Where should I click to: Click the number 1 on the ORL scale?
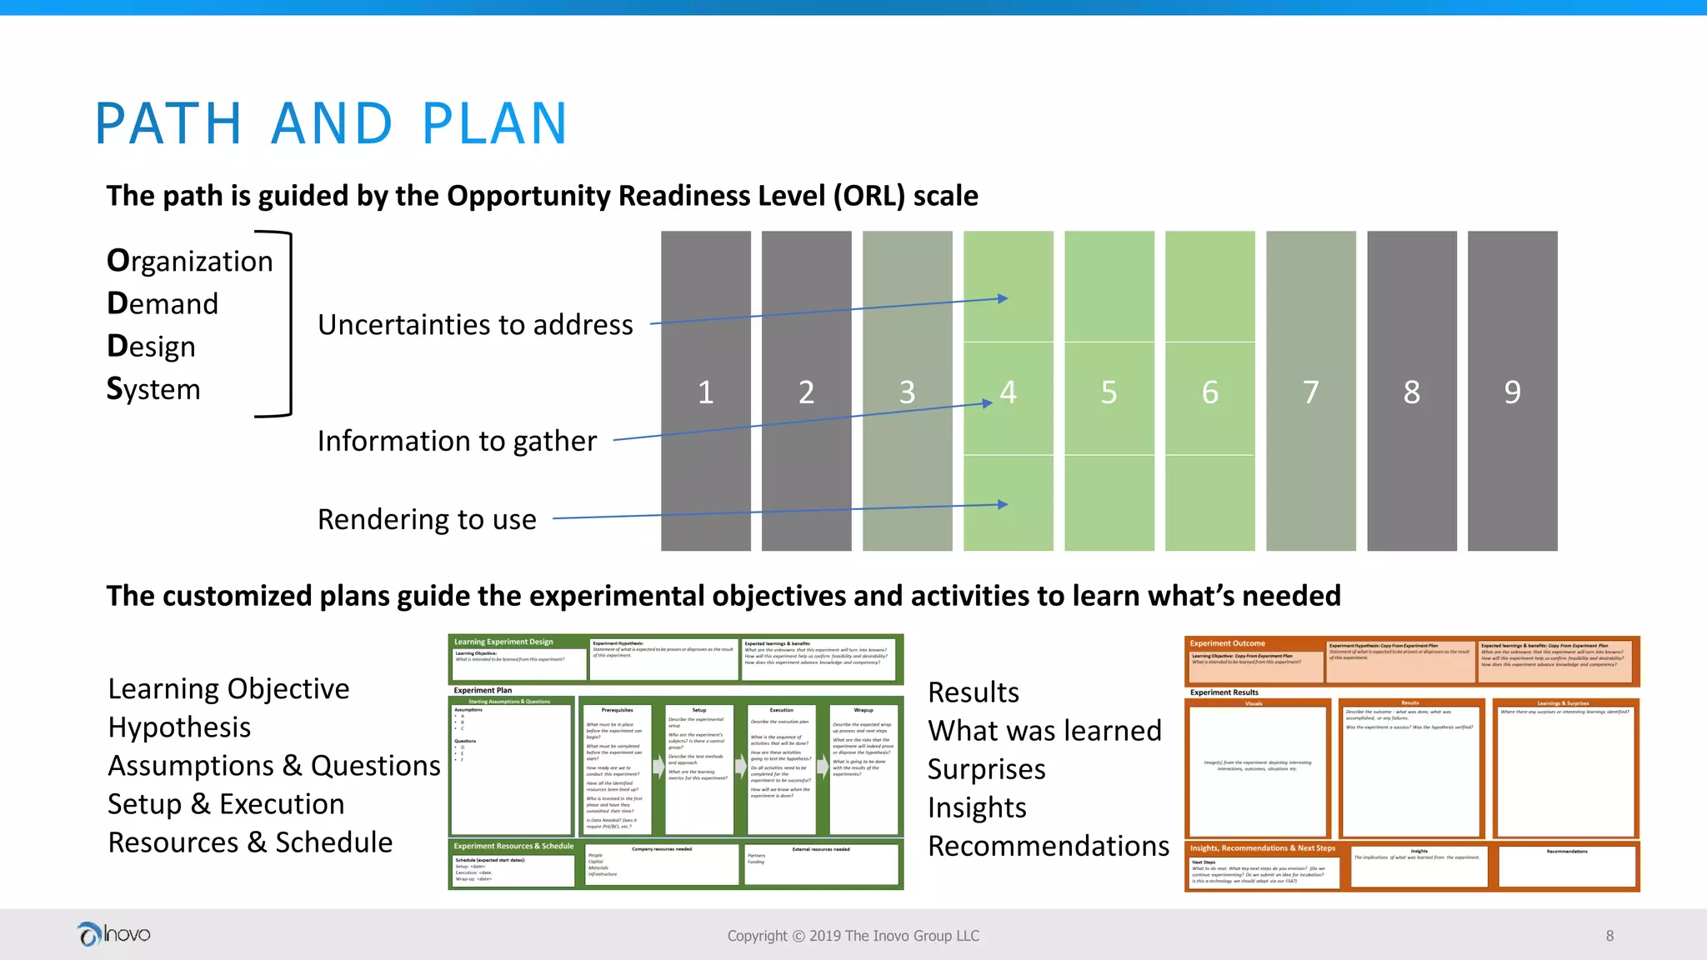click(x=705, y=392)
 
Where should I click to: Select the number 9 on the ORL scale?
click(x=1512, y=392)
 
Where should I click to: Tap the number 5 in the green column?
click(x=1109, y=392)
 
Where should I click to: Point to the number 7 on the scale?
click(x=1310, y=392)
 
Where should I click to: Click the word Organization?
click(x=190, y=262)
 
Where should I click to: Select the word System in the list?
click(x=153, y=389)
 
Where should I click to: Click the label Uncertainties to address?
click(x=475, y=325)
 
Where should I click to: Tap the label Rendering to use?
click(x=427, y=519)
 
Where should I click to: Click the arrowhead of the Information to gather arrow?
click(x=988, y=403)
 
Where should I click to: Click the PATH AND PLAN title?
click(x=331, y=124)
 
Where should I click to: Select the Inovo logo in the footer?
click(x=114, y=934)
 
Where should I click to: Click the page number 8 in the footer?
click(x=1609, y=936)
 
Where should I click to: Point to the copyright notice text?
click(x=853, y=936)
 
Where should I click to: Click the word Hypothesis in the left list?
click(x=179, y=727)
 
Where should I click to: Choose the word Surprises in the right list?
click(x=986, y=769)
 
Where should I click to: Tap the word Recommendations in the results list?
click(x=1049, y=846)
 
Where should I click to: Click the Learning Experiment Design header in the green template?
click(x=503, y=642)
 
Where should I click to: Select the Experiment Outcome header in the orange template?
click(x=1227, y=643)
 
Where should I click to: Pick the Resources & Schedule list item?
click(x=250, y=842)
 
